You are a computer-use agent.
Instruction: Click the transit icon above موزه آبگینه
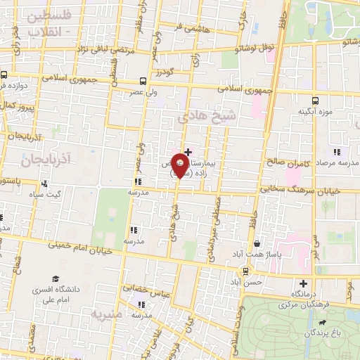click(x=315, y=99)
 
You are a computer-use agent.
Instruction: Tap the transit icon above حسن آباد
click(x=245, y=270)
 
